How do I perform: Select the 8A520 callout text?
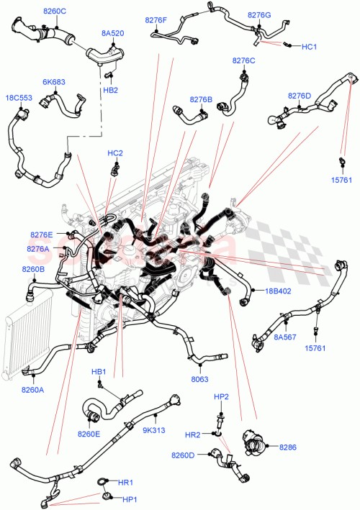pos(112,33)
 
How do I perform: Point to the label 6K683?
pos(53,82)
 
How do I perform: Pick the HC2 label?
pos(115,153)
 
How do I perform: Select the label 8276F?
pos(156,21)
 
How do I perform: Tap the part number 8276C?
pos(243,60)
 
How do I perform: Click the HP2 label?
pos(221,397)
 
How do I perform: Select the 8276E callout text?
pos(42,234)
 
